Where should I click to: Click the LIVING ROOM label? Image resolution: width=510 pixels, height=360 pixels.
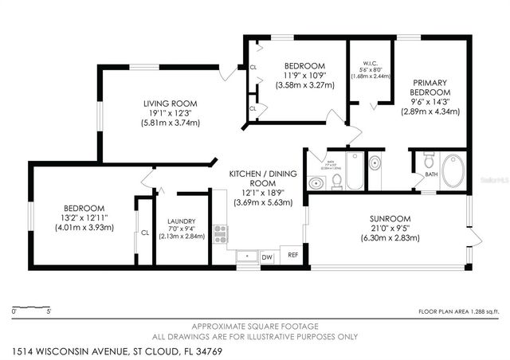click(170, 104)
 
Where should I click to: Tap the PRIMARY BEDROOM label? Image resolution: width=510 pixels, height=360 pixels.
click(429, 88)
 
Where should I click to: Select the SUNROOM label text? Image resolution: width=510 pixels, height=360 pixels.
click(389, 218)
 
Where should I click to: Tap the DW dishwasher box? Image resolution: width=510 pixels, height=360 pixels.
click(266, 256)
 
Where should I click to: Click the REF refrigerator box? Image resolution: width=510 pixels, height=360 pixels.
click(292, 255)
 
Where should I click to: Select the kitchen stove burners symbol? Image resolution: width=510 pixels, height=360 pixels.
click(220, 234)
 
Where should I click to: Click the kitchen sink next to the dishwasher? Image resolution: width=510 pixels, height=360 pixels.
click(246, 257)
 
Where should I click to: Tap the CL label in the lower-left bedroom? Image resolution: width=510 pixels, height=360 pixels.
click(144, 233)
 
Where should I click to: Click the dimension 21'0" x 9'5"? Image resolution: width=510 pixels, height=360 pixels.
click(389, 229)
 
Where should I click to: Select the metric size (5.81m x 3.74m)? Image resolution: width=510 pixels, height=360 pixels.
click(170, 123)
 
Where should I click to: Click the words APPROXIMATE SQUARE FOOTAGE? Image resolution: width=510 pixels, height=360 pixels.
click(253, 327)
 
